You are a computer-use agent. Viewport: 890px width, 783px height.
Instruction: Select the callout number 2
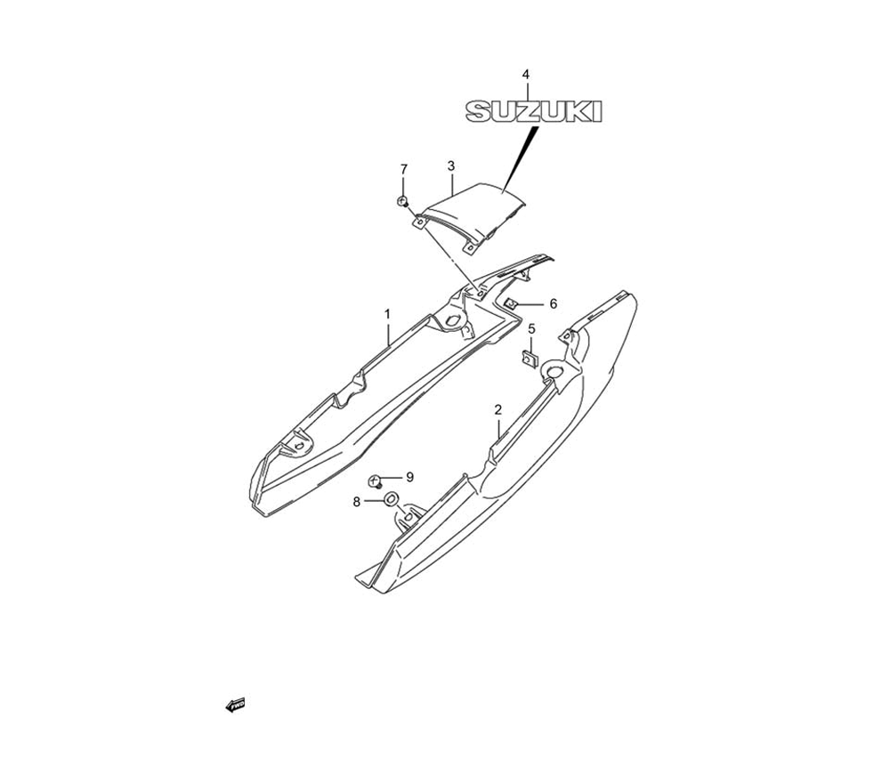(x=498, y=409)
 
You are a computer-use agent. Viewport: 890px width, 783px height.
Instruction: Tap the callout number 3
(x=451, y=165)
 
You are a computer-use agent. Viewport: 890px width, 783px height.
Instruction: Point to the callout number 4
(x=525, y=74)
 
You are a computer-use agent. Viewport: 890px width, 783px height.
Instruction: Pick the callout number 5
(x=531, y=328)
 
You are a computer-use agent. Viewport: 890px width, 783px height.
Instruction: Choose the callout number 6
(x=553, y=303)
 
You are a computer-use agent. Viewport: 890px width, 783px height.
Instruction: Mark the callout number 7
(x=403, y=168)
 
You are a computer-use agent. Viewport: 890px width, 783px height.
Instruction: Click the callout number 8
(x=357, y=502)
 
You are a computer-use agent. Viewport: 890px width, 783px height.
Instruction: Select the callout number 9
(x=409, y=477)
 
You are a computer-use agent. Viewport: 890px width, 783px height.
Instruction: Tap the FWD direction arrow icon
(x=236, y=705)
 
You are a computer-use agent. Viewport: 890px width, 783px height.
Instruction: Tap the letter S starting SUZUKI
(x=481, y=111)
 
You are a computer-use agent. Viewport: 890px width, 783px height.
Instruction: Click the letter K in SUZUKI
(x=580, y=111)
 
